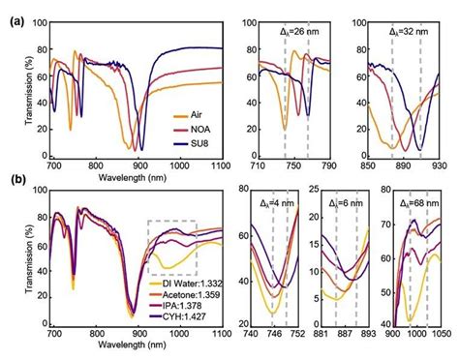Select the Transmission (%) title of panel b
click(x=21, y=250)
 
